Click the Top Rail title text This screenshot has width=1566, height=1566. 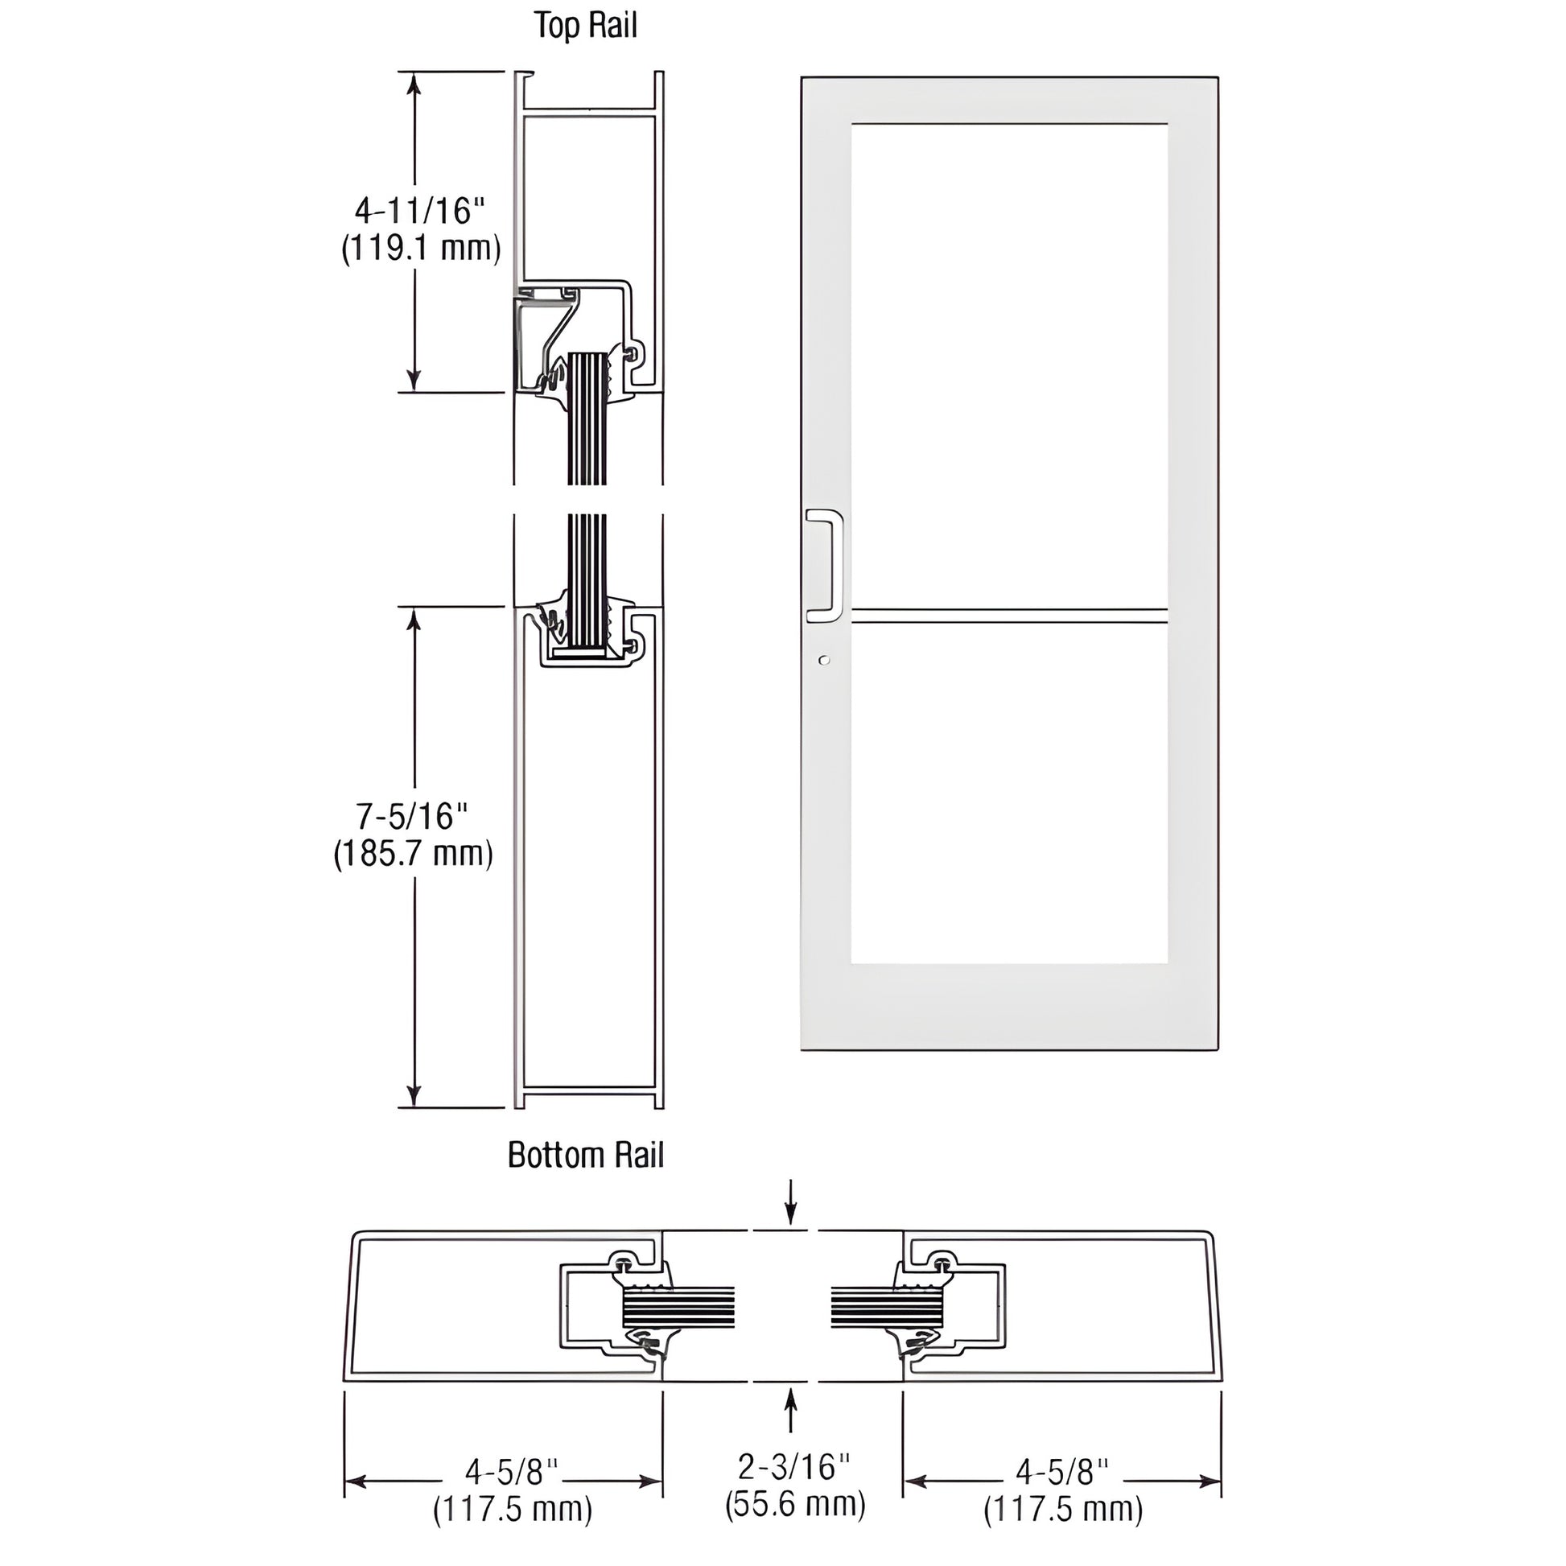pyautogui.click(x=585, y=26)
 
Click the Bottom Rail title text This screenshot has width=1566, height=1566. pyautogui.click(x=585, y=1155)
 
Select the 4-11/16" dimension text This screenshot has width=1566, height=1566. pyautogui.click(x=419, y=211)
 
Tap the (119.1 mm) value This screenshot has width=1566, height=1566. pyautogui.click(x=421, y=248)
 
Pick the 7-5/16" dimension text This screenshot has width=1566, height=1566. pyautogui.click(x=413, y=816)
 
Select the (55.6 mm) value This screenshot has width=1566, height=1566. pyautogui.click(x=795, y=1503)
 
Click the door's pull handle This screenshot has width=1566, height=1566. pyautogui.click(x=825, y=565)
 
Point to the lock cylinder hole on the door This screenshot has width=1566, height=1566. pyautogui.click(x=824, y=661)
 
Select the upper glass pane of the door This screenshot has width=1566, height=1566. pyautogui.click(x=1009, y=365)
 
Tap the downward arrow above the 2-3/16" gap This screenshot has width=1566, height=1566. pyautogui.click(x=791, y=1213)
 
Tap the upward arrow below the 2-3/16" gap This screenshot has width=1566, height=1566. pyautogui.click(x=791, y=1410)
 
